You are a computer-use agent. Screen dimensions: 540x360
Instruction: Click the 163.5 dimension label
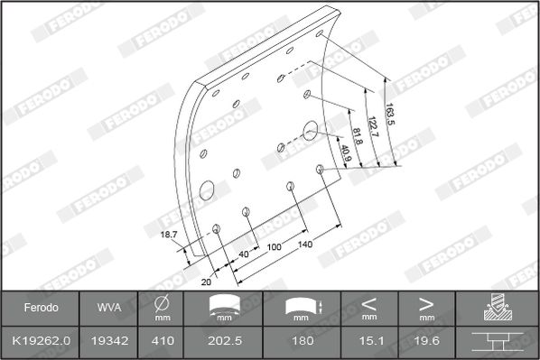click(x=390, y=115)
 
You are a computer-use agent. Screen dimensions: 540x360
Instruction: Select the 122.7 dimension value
click(x=373, y=126)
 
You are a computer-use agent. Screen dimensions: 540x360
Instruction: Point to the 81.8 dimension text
click(x=358, y=136)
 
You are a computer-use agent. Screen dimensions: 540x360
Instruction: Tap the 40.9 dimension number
click(x=345, y=153)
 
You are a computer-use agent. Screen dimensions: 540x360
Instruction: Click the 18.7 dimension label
click(x=169, y=235)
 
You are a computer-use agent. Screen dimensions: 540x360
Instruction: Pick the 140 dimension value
click(x=305, y=245)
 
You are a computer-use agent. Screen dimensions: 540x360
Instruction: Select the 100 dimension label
click(x=275, y=247)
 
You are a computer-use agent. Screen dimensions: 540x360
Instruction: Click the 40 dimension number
click(x=244, y=254)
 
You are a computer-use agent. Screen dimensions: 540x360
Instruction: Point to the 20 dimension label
click(x=206, y=282)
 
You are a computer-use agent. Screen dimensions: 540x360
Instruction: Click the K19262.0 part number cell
click(x=41, y=341)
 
